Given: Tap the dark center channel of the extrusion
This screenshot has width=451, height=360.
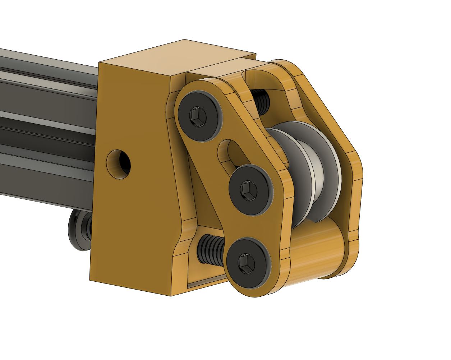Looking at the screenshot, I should click(47, 129).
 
